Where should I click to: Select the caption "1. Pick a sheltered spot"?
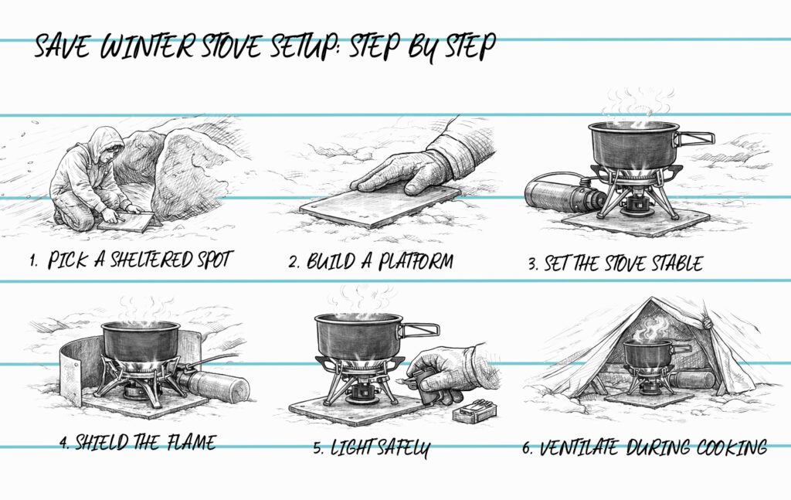click(131, 260)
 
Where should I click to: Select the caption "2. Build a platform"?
click(371, 261)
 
